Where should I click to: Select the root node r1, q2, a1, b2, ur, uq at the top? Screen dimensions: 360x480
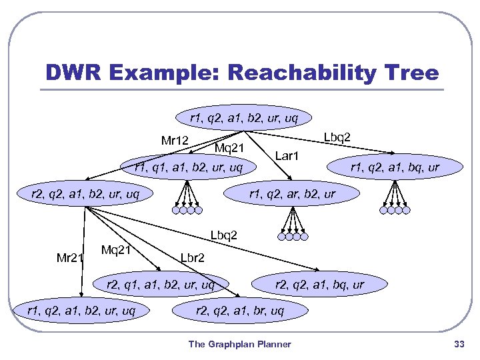(x=243, y=119)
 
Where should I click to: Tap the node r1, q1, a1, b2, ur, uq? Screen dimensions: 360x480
(x=189, y=167)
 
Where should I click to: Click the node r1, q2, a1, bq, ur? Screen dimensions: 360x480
(x=395, y=167)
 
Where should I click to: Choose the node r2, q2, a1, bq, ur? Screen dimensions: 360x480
(x=320, y=285)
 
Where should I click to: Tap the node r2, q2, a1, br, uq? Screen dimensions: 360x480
(x=240, y=311)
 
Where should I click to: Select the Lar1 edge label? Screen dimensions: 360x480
(x=289, y=156)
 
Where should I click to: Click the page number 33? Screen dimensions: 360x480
(x=459, y=344)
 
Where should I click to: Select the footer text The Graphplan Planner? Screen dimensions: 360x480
(x=239, y=344)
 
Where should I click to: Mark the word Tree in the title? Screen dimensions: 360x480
(x=415, y=73)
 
